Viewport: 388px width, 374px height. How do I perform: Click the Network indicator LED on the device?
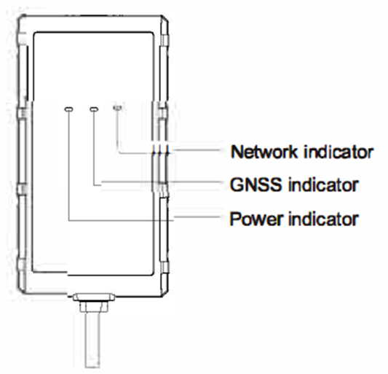click(118, 109)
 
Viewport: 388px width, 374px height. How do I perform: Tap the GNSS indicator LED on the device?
click(93, 109)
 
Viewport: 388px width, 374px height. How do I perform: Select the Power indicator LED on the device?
click(68, 109)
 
